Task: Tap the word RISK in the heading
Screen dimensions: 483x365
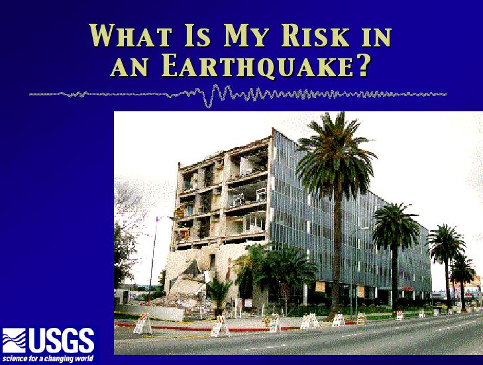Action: [x=315, y=35]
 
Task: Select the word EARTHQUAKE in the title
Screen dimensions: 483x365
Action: [x=256, y=66]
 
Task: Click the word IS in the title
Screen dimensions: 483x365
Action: [x=197, y=35]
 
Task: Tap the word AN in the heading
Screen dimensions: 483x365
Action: [x=129, y=68]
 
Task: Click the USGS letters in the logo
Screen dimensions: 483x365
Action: [x=62, y=340]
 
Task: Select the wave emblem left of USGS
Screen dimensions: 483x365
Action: [x=14, y=340]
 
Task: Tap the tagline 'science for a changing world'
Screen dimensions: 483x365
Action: [x=48, y=359]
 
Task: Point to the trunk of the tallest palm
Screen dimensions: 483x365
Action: [x=337, y=252]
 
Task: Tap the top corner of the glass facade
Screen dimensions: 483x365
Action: [x=272, y=129]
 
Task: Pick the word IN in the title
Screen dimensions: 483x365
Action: [x=376, y=36]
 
